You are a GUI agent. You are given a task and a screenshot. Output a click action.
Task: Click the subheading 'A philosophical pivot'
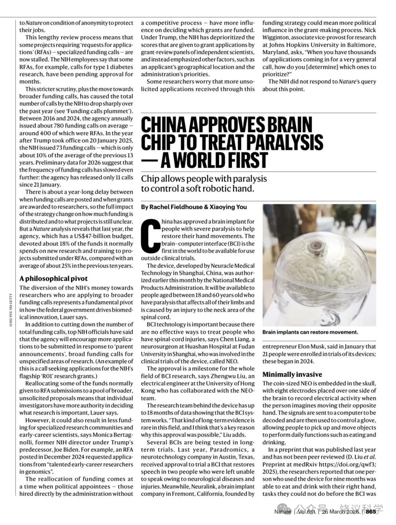(54, 279)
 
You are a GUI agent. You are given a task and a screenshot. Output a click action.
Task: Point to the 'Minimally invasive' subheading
(292, 374)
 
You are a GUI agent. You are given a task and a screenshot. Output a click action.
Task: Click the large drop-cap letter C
(151, 235)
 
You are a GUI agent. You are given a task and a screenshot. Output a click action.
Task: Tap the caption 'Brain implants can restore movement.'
(310, 332)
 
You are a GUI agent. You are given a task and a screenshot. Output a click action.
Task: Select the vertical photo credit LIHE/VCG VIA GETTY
(11, 308)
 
